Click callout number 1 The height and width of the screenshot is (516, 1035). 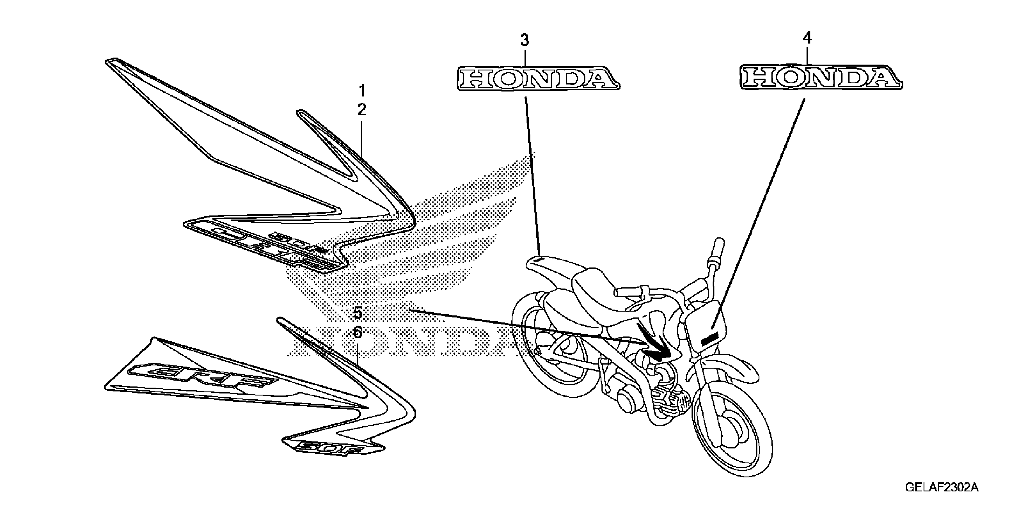(362, 91)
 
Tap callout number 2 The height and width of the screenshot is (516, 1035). (362, 109)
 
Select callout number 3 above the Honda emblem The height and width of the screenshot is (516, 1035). (525, 41)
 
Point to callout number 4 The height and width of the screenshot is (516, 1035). (807, 38)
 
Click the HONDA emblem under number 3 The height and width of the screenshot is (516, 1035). (538, 79)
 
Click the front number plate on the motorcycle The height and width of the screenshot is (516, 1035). (706, 325)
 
